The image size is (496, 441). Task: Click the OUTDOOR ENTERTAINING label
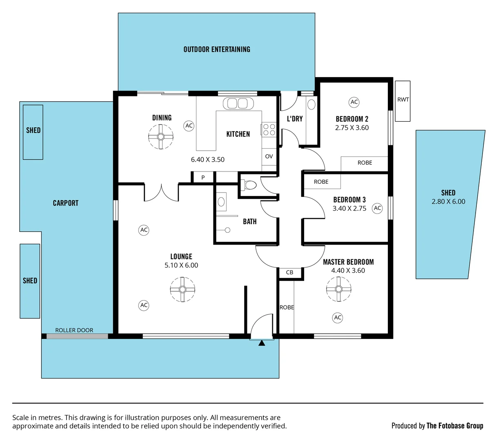click(217, 49)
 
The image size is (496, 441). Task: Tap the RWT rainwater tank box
click(403, 100)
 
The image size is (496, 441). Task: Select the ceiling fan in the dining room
click(161, 136)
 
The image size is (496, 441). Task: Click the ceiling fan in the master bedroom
click(338, 289)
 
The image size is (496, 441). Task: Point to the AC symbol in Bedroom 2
click(354, 102)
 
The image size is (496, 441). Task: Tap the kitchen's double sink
click(238, 103)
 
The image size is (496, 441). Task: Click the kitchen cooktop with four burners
click(269, 130)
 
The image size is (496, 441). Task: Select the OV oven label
click(269, 156)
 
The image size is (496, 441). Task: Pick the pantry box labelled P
click(203, 178)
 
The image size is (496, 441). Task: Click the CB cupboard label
click(289, 272)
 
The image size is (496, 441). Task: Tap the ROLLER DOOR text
click(74, 330)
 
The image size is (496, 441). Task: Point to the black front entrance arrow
click(262, 343)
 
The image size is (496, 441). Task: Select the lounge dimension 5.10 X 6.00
click(181, 265)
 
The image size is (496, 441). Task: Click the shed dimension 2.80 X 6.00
click(448, 202)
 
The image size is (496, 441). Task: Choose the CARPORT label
click(66, 203)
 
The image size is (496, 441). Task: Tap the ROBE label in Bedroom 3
click(321, 182)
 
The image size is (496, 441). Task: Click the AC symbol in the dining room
click(189, 126)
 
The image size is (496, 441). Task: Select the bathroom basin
click(222, 201)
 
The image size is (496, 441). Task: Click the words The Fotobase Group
click(455, 426)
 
